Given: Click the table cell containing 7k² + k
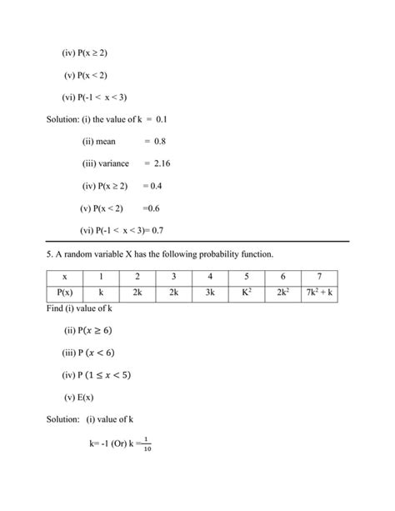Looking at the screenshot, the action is pos(320,294).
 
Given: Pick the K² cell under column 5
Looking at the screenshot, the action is pos(247,294).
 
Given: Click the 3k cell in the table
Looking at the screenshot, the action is pos(210,294).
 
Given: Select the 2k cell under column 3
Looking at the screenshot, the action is pos(173,294).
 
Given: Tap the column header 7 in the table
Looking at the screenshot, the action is pos(320,276).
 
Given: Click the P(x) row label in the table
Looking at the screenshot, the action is pos(63,294).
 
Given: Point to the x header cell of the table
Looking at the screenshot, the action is pos(63,276).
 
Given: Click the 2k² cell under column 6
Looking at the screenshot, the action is pos(283,294).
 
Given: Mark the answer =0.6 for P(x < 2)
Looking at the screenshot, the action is pos(151,208).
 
